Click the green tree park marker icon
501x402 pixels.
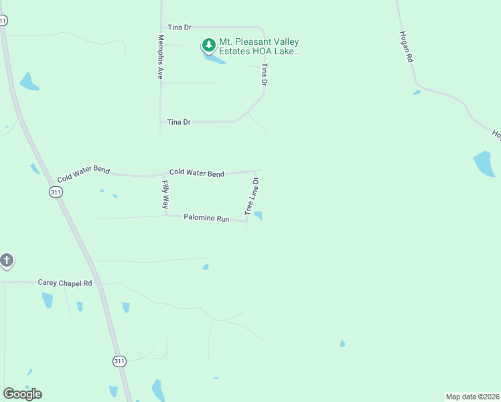(x=209, y=46)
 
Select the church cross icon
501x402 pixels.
(x=7, y=260)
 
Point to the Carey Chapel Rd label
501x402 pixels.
(x=65, y=283)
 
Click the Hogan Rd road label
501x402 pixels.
(x=405, y=47)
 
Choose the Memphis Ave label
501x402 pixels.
(x=161, y=57)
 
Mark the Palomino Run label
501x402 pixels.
(x=206, y=218)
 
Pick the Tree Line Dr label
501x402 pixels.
(x=252, y=196)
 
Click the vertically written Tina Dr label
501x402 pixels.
(x=265, y=74)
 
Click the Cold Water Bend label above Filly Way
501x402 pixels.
(x=196, y=173)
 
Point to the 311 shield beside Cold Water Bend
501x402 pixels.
(x=56, y=192)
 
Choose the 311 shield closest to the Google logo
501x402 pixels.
(x=119, y=361)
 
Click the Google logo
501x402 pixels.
(x=22, y=394)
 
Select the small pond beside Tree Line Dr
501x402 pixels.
(x=258, y=215)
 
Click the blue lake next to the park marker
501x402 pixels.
(x=215, y=60)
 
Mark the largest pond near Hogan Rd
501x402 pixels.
(x=484, y=164)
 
